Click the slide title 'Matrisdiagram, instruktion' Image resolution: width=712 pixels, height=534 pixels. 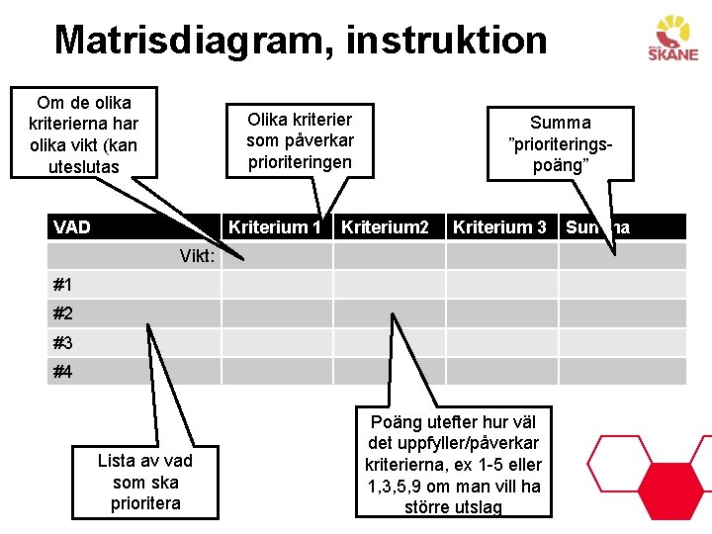301,41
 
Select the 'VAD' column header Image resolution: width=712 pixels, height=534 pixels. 72,227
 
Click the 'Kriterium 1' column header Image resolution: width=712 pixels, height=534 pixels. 275,227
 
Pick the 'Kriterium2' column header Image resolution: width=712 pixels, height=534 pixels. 385,227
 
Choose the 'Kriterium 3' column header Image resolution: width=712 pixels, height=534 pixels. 499,227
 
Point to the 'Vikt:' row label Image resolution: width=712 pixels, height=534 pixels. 198,256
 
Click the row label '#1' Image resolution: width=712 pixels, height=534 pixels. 63,285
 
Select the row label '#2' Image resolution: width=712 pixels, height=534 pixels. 63,313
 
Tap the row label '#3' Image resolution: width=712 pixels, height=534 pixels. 63,343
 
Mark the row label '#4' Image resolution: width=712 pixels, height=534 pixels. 63,372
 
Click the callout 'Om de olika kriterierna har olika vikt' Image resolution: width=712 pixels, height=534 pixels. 83,134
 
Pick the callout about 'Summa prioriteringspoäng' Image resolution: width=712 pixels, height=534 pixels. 560,143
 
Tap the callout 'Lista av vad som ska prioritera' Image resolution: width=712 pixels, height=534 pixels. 145,482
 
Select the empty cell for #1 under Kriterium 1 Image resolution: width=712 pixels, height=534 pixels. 276,285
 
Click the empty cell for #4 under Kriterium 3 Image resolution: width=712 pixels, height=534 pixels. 501,372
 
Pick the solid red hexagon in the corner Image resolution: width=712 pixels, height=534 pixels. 673,473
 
